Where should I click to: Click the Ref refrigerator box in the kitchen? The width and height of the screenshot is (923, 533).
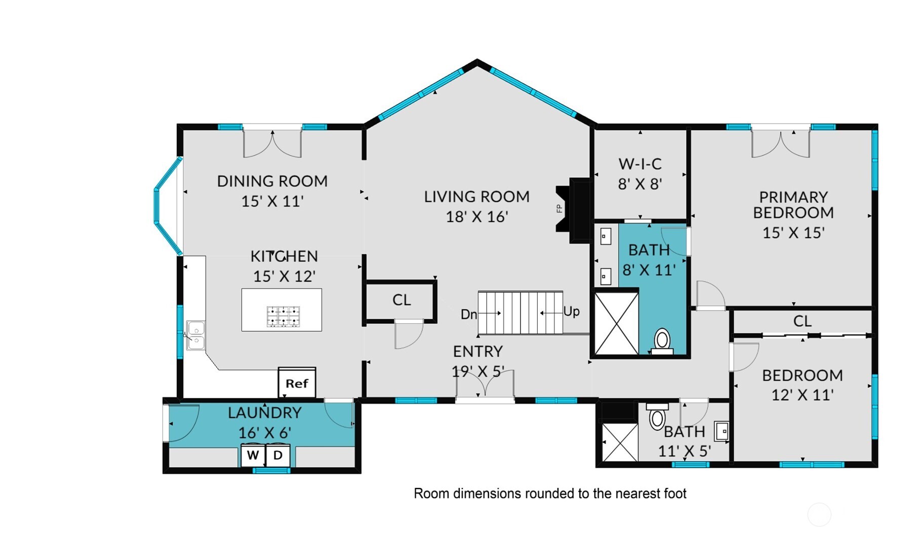(x=297, y=383)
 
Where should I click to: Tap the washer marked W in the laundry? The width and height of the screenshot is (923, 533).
(x=253, y=455)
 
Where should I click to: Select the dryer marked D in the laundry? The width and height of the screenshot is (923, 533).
(x=278, y=455)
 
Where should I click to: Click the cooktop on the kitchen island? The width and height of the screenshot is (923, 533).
(x=284, y=317)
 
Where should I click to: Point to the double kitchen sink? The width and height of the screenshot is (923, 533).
(x=196, y=335)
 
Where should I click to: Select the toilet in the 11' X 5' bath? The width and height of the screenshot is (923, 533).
(x=657, y=416)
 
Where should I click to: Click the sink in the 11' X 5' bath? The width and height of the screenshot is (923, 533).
(x=722, y=431)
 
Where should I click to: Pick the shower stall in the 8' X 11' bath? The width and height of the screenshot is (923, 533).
(x=616, y=323)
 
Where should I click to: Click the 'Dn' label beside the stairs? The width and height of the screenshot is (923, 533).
(x=469, y=315)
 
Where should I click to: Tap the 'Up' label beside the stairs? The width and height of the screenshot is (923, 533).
(x=572, y=311)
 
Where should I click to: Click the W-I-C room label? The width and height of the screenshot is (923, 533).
(x=640, y=164)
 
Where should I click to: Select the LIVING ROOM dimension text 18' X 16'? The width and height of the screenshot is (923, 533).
(x=476, y=217)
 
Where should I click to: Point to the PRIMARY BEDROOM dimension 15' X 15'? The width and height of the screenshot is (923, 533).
(x=793, y=233)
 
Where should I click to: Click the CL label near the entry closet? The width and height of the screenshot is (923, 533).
(x=402, y=300)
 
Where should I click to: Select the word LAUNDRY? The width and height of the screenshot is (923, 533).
(x=265, y=413)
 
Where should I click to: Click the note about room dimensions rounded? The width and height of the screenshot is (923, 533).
(x=550, y=493)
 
